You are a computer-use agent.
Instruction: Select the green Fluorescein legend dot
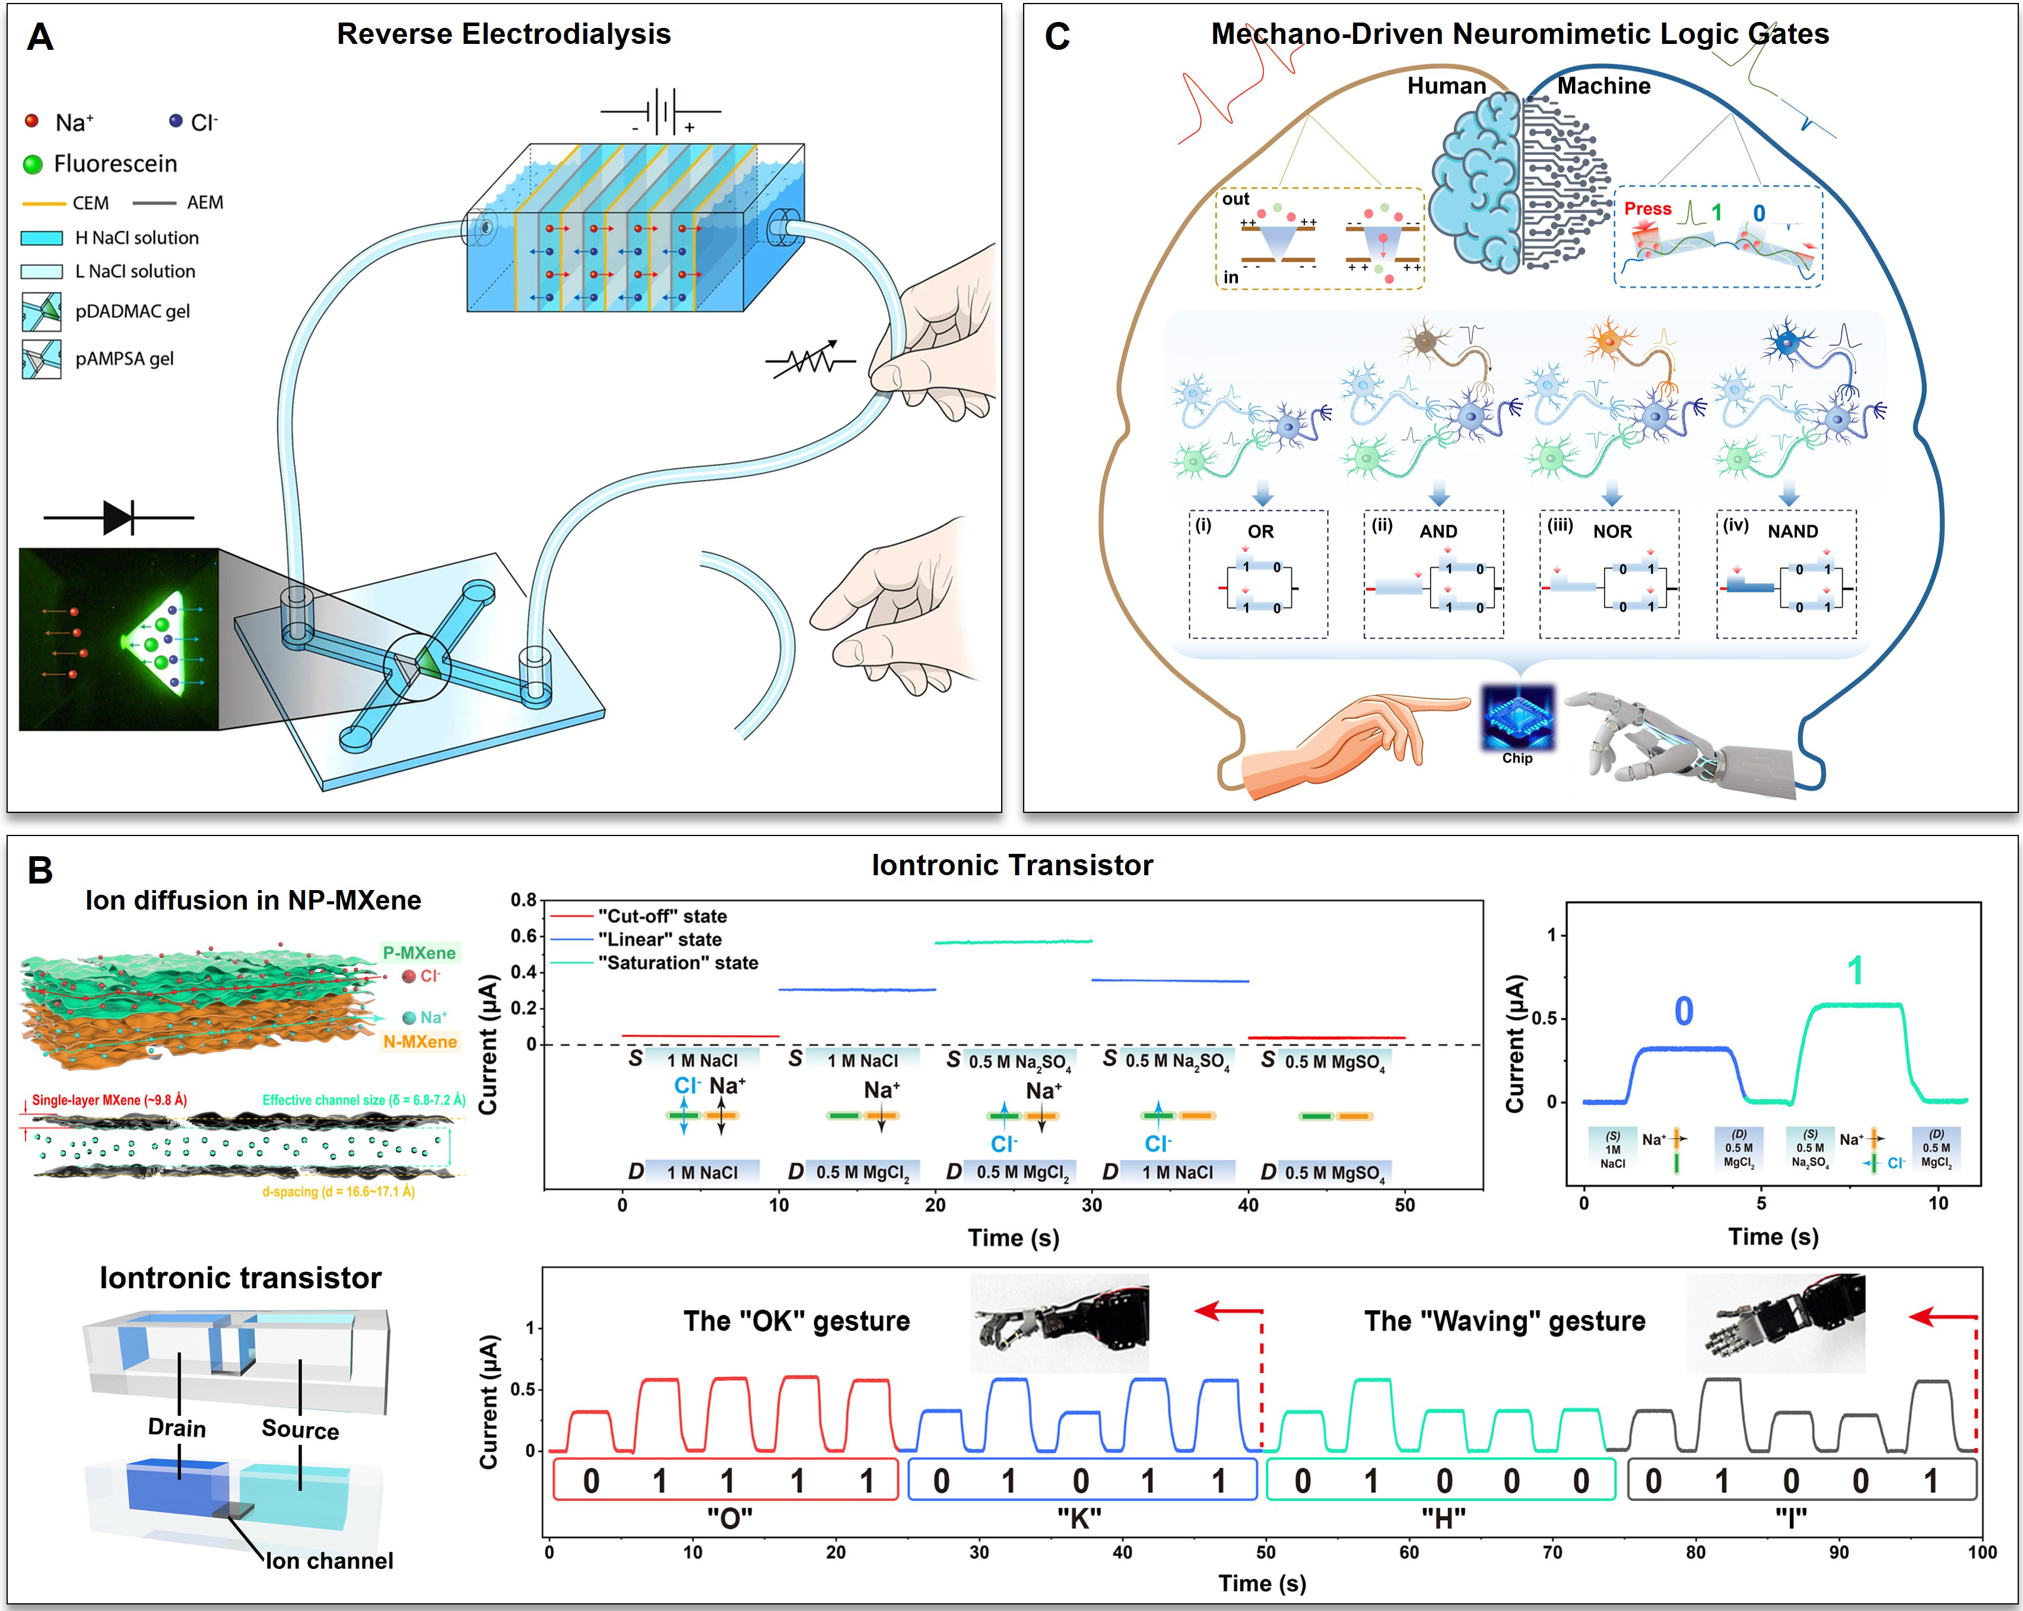33,164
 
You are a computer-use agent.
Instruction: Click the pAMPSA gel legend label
124,358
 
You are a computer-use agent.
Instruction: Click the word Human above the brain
1446,86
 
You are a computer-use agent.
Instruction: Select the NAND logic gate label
1792,531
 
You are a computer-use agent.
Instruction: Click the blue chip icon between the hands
1517,718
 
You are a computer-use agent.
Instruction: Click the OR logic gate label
1260,531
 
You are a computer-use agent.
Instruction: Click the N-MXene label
420,1041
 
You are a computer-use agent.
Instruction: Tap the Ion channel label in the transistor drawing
329,1561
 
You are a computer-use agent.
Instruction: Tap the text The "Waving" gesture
1504,1321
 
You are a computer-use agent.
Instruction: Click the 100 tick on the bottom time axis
1981,1552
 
